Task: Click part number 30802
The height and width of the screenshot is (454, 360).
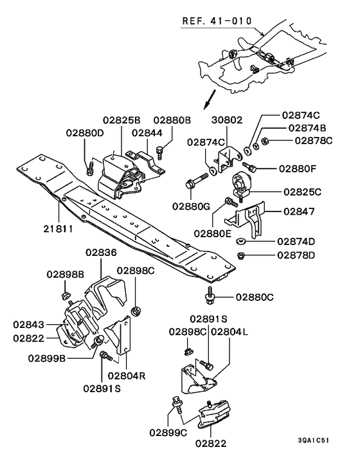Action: pos(228,120)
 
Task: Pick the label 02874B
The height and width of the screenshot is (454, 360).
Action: pos(306,128)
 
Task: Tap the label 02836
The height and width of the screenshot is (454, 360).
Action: pos(102,253)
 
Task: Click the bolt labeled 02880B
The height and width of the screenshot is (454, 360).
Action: pos(160,152)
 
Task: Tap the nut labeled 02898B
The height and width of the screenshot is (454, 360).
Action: pos(66,295)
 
